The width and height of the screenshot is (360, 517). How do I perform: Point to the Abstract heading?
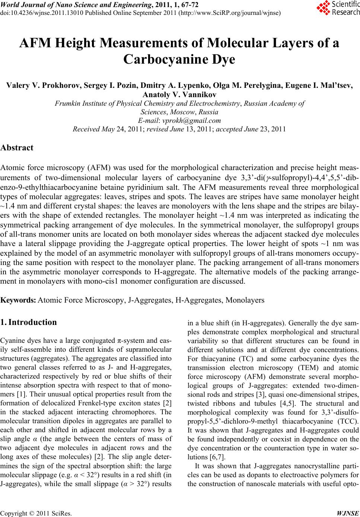(x=17, y=147)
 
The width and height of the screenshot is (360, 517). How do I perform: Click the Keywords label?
(x=18, y=300)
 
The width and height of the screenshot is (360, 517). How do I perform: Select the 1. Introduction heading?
(x=29, y=322)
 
